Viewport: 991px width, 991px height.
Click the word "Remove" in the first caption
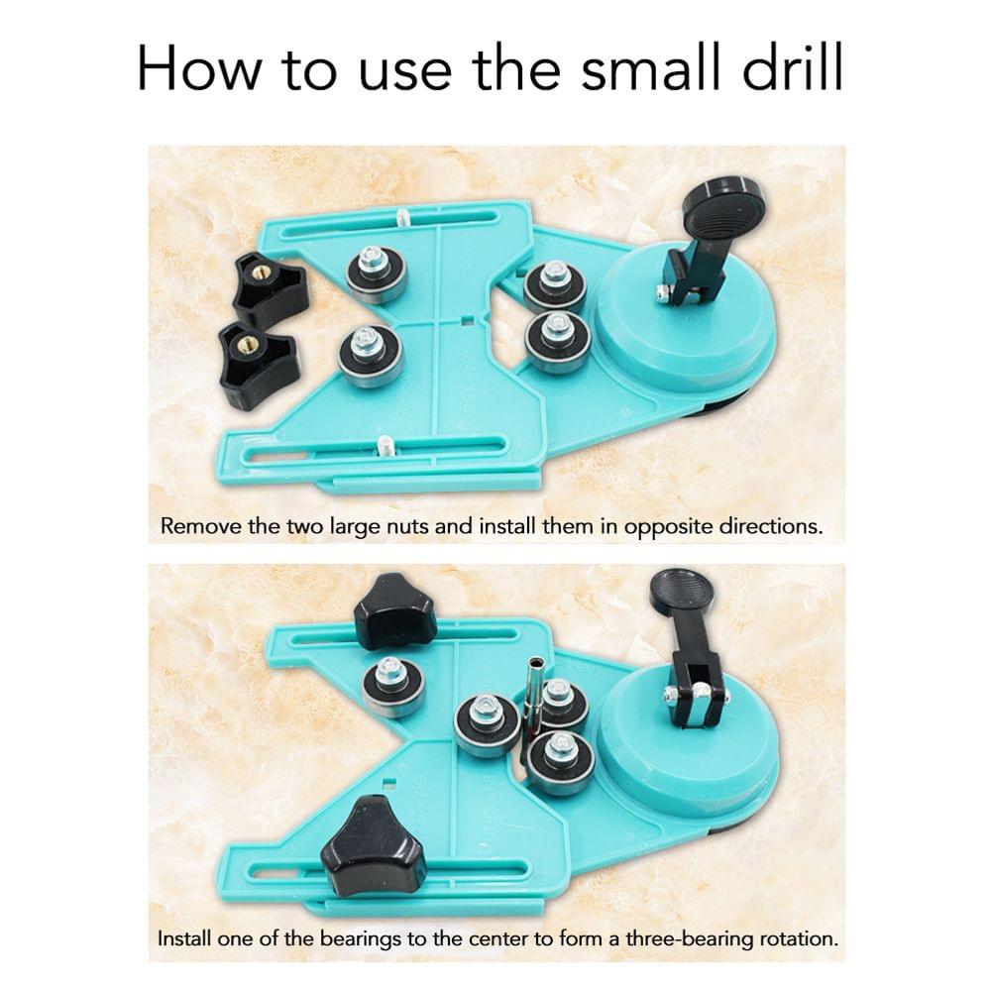(201, 525)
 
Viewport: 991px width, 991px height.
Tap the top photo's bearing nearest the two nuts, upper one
(377, 273)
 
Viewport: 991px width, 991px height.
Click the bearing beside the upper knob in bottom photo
(392, 686)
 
